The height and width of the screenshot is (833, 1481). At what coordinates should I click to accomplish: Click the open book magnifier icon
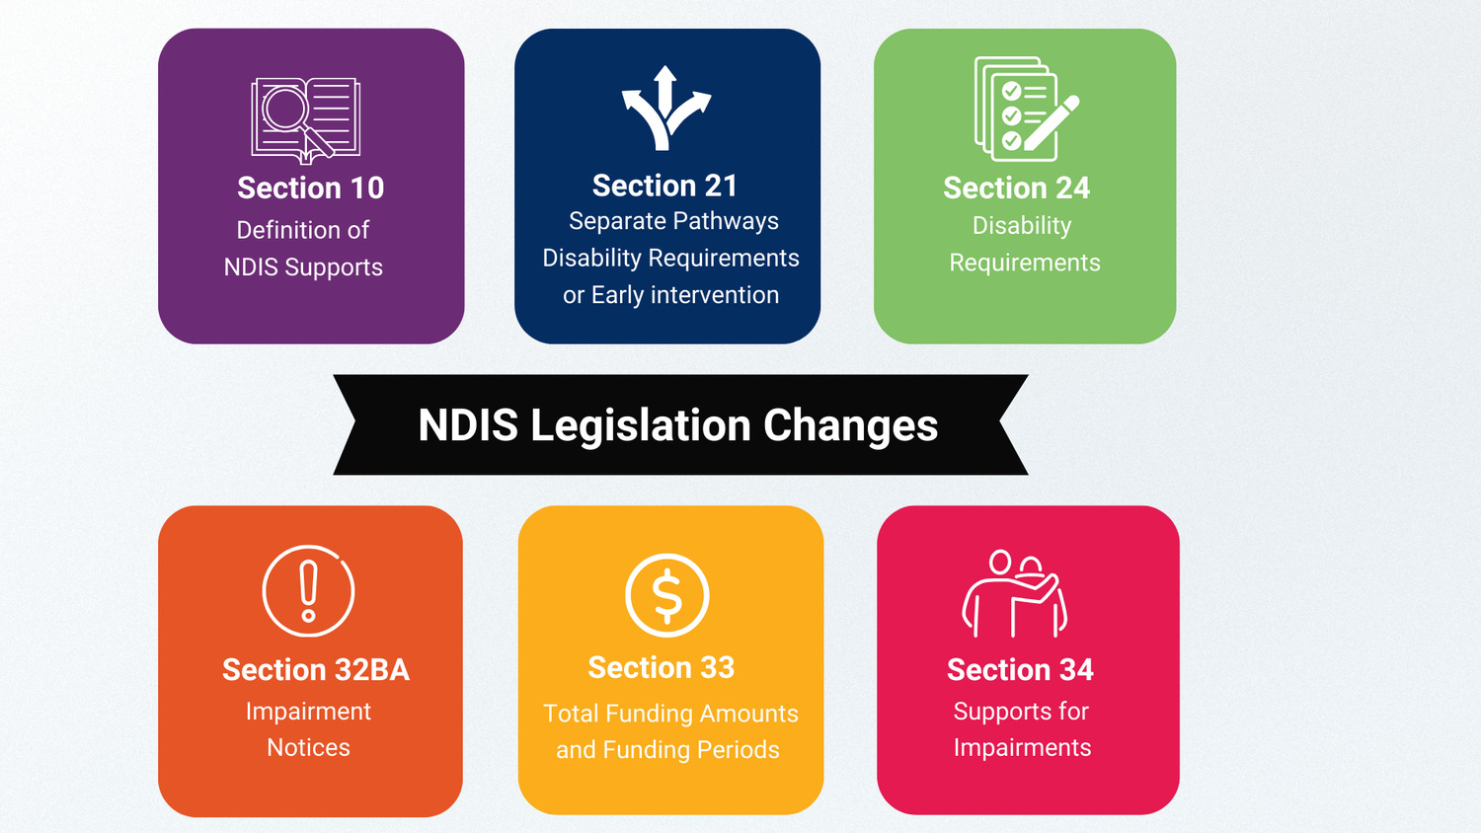(306, 118)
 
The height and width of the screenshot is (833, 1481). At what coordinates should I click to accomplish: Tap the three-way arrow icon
(665, 108)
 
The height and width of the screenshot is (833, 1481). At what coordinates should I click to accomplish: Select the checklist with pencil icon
(1026, 109)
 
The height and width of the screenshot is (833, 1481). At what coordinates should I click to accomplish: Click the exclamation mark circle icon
(308, 591)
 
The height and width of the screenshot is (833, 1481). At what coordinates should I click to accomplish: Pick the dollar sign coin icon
(667, 595)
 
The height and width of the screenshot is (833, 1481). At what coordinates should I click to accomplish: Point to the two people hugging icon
(1015, 593)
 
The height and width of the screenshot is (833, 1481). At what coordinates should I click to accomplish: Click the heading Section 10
(310, 188)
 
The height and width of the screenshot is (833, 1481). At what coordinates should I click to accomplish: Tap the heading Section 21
(664, 186)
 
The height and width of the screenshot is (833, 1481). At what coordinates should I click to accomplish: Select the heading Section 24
(1016, 188)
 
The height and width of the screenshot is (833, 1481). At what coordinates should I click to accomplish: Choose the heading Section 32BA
(316, 670)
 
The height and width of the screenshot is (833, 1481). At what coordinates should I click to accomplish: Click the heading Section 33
(662, 668)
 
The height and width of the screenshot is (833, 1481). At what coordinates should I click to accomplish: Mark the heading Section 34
(1020, 670)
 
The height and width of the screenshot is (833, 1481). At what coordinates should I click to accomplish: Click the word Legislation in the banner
(641, 425)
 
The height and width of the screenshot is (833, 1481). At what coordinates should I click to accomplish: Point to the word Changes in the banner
(850, 425)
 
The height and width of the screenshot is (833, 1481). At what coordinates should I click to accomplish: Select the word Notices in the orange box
(308, 748)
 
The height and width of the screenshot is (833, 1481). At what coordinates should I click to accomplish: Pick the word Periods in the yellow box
(739, 750)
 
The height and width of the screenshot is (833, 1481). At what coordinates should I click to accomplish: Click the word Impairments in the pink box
(1022, 748)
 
